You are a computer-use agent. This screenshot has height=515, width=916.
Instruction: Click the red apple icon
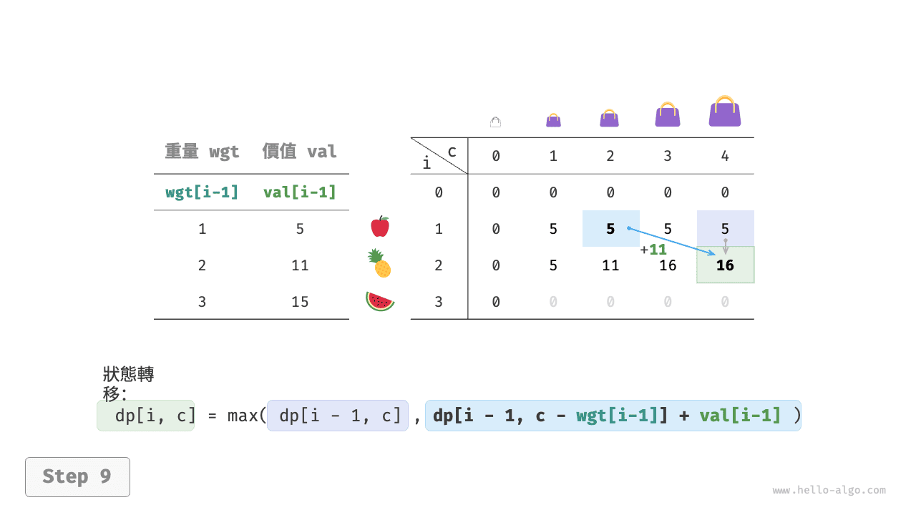[x=380, y=227]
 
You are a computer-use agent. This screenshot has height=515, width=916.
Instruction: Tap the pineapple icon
[x=379, y=263]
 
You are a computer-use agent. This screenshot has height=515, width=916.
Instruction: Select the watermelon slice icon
[x=380, y=301]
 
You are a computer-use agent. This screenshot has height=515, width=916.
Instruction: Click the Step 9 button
[x=78, y=477]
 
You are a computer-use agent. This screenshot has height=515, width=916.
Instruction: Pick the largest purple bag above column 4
[x=725, y=111]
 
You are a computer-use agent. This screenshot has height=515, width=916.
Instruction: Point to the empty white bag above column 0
[x=496, y=122]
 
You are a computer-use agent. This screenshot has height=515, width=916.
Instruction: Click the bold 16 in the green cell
[x=725, y=265]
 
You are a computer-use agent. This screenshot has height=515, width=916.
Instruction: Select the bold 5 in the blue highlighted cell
[x=610, y=228]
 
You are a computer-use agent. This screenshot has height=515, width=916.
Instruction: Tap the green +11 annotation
[x=653, y=250]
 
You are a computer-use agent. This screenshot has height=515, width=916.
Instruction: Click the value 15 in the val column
[x=300, y=302]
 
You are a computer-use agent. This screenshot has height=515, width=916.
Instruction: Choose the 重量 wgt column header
[x=202, y=151]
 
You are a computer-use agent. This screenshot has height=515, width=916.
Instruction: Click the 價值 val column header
[x=299, y=151]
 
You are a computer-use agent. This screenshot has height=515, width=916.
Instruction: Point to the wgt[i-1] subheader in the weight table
[x=202, y=192]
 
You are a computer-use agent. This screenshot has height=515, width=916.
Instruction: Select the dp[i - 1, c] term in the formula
[x=339, y=416]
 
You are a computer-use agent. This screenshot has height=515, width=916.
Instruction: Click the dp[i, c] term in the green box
[x=155, y=416]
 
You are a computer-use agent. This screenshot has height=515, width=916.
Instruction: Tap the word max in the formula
[x=242, y=416]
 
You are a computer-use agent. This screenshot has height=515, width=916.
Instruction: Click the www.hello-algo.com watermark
[x=829, y=490]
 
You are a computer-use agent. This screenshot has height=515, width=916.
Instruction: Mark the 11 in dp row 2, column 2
[x=610, y=265]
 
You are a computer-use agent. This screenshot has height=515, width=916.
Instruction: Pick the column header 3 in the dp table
[x=668, y=156]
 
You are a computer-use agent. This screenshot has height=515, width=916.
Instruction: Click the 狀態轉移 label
[x=128, y=384]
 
